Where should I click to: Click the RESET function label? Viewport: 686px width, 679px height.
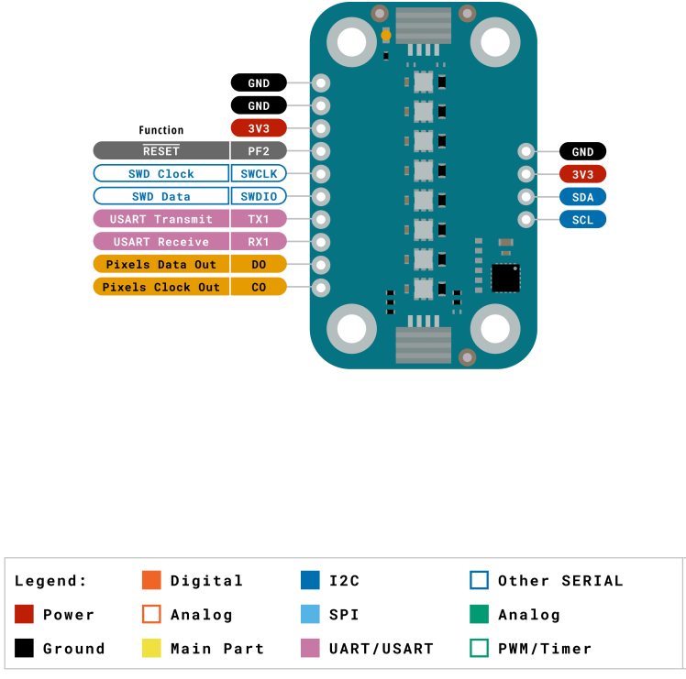[x=161, y=150]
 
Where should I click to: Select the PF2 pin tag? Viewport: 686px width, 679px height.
[x=259, y=150]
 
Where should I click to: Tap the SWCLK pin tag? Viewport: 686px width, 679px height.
[x=259, y=173]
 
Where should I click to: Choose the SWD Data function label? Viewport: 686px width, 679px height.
[x=161, y=196]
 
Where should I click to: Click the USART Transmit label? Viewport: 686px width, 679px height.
[x=161, y=219]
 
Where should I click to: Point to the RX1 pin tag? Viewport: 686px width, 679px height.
[x=259, y=242]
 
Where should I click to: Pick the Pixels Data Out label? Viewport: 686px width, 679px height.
[x=161, y=265]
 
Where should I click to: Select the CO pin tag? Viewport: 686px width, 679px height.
[x=259, y=287]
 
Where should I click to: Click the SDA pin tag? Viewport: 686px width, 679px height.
[x=582, y=197]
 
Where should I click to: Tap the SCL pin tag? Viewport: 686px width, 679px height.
[x=582, y=220]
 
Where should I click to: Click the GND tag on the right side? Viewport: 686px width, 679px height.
[x=582, y=152]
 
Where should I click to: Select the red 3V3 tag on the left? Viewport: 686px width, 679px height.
[x=259, y=128]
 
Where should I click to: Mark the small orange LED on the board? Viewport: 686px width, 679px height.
[x=386, y=36]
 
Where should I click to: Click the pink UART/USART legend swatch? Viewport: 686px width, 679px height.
[x=310, y=648]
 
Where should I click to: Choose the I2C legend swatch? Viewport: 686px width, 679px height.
[x=310, y=580]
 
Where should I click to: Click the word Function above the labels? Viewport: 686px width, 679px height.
[x=161, y=130]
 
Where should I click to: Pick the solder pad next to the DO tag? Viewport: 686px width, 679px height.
[x=322, y=265]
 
